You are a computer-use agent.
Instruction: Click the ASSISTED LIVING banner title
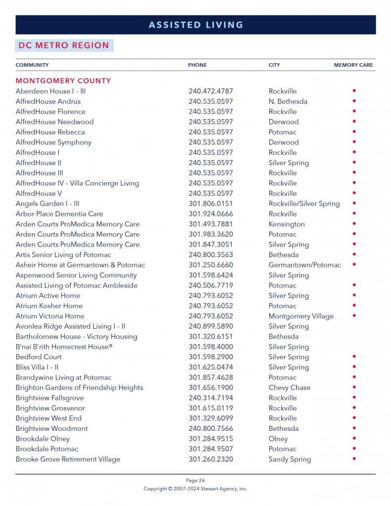pos(196,25)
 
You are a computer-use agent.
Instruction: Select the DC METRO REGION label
pos(64,45)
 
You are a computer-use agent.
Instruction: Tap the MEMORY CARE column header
pos(353,65)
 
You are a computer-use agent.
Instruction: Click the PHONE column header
pos(197,65)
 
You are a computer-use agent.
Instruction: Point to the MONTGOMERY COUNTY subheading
pos(63,81)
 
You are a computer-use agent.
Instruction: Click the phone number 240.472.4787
pos(211,91)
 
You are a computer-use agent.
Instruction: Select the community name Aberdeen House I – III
pos(50,91)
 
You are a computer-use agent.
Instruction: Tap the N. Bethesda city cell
pos(288,101)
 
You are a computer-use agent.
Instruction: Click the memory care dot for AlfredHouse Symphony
pos(354,142)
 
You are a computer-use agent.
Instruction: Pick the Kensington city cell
pos(287,224)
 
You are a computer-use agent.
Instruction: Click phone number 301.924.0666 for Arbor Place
pos(211,214)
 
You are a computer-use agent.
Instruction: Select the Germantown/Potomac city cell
pos(304,265)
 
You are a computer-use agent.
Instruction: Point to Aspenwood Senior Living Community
pos(76,275)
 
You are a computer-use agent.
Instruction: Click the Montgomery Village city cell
pos(301,316)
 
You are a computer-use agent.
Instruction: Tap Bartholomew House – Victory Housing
pos(77,337)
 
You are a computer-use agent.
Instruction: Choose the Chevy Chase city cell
pos(289,387)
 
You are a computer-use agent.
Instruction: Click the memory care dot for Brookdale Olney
pos(354,438)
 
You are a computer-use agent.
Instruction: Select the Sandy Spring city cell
pos(290,459)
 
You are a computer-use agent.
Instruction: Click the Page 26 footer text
pos(195,480)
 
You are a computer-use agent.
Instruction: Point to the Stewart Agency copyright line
pos(195,489)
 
